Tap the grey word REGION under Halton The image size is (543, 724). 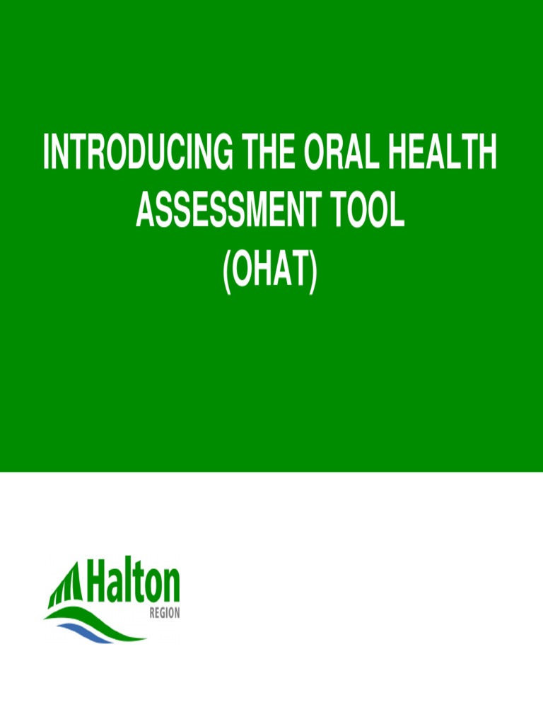tap(164, 614)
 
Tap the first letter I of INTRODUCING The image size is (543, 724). tap(47, 153)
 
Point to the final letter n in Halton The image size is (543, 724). tap(172, 588)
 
